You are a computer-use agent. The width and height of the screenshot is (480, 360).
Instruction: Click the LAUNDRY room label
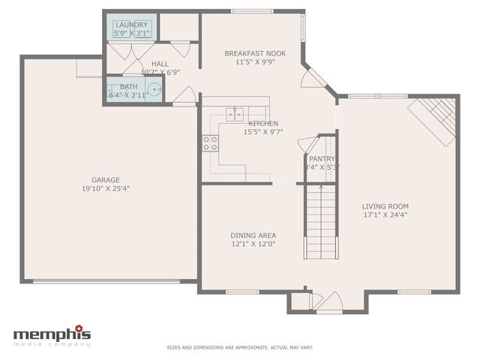131,25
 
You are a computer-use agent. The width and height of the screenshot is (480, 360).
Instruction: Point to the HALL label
160,64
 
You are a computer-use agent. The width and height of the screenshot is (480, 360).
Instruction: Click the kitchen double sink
235,114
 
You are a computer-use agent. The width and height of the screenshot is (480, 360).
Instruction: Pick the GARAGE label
106,180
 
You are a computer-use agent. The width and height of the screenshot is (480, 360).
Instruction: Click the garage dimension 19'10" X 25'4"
106,189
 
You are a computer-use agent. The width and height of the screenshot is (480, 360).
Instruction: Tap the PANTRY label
322,159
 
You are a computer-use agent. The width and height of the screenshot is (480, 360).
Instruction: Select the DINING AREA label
253,235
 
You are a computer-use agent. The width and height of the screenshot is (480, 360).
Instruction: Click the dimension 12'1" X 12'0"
253,244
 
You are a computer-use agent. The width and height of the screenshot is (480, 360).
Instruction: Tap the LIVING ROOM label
385,206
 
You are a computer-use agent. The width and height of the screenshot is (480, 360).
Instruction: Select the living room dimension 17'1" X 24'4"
385,215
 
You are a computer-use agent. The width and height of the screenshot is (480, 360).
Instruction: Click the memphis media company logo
52,335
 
